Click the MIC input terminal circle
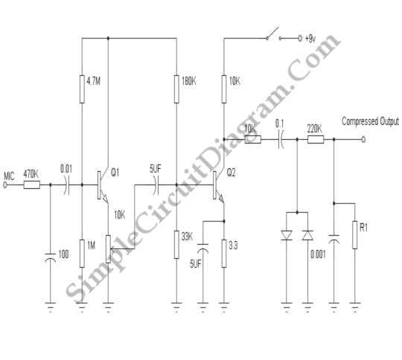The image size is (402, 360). (x=5, y=184)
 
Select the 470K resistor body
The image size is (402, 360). (x=32, y=184)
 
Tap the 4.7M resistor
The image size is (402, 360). (x=82, y=89)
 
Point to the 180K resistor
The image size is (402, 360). (x=176, y=89)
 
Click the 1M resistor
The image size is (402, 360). (x=82, y=254)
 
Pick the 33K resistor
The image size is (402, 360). (x=176, y=245)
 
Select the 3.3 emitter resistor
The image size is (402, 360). (x=224, y=254)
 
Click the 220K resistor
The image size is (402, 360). (x=316, y=140)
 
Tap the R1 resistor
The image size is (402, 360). (x=355, y=235)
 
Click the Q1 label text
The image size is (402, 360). (x=115, y=173)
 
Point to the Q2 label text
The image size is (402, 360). (x=231, y=173)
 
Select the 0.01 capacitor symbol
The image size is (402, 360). (x=66, y=184)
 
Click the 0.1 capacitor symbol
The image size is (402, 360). (x=281, y=140)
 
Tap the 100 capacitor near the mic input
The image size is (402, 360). (x=51, y=257)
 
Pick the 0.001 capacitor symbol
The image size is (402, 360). (x=334, y=240)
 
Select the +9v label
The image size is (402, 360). (x=310, y=39)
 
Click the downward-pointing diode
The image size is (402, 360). (x=287, y=236)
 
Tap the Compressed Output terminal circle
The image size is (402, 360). (x=363, y=140)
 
